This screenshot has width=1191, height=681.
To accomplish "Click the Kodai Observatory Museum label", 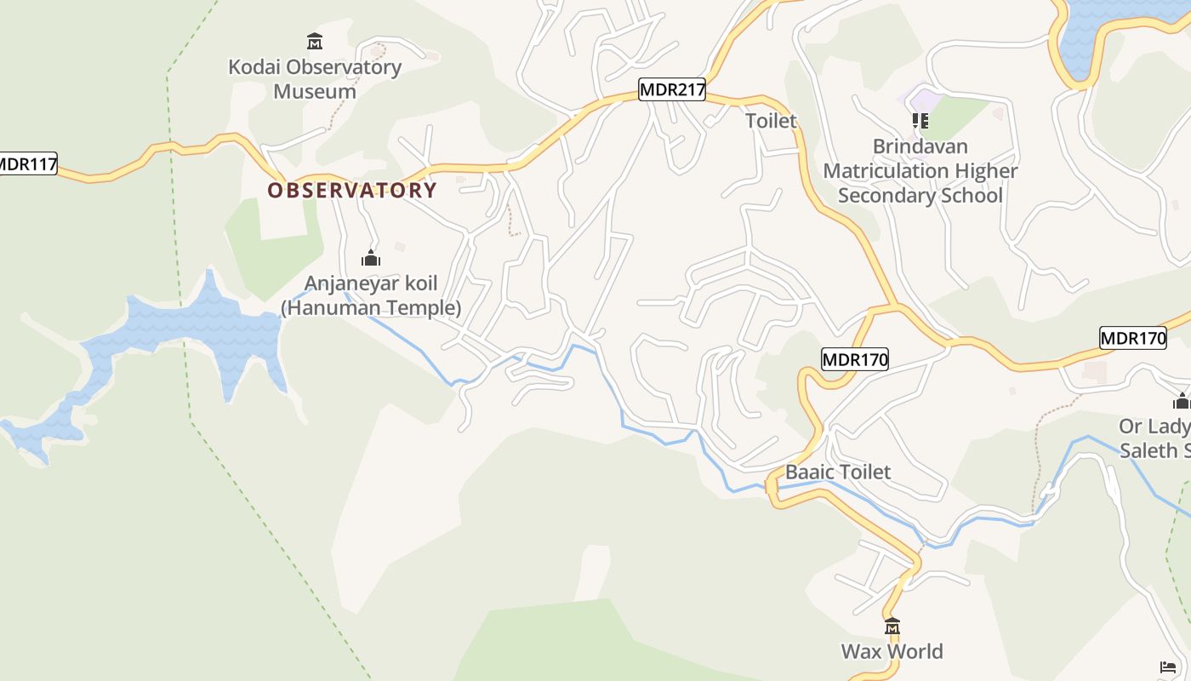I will pos(315,79).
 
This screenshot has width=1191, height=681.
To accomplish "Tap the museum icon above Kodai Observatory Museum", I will pos(315,41).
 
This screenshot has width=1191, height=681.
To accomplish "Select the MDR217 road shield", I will pos(672,89).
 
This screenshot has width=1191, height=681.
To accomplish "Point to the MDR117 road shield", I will pos(27,163).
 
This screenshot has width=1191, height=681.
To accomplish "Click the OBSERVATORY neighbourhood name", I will pos(352,191).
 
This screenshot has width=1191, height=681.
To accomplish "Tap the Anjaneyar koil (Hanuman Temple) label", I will pos(371,295).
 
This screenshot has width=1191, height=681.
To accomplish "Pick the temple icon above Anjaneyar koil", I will pos(371,258).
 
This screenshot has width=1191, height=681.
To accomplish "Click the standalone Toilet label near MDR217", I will pos(771,121).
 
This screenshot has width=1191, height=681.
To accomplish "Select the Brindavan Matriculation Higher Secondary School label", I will pos(920,171).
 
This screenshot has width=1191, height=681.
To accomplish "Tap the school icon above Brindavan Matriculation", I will pos(920,121).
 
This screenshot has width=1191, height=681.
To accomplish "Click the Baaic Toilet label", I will pos(838,472).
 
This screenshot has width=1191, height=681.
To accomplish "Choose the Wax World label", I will pos(892,652).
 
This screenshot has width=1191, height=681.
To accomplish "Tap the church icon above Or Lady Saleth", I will pos(1181,402).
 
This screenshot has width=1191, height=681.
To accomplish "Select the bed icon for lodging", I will pos(1168,667).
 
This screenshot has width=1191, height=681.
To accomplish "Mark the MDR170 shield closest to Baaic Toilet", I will pos(855,360).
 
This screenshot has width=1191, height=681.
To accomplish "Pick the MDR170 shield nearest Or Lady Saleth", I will pos(1132,338).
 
